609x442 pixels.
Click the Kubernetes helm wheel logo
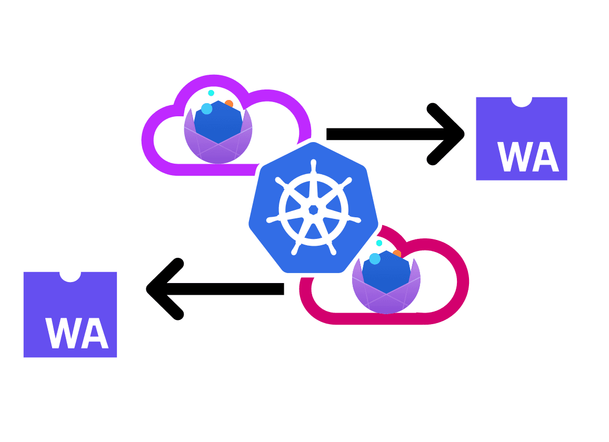tap(313, 208)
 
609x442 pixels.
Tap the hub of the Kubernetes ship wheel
tap(313, 210)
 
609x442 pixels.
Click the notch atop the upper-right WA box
tap(522, 101)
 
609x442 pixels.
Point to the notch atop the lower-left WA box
tap(70, 276)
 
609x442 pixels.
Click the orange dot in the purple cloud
tap(229, 104)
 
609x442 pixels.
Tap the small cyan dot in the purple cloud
tap(211, 93)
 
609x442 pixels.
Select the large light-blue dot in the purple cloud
tap(207, 109)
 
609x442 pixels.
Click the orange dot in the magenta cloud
tap(397, 254)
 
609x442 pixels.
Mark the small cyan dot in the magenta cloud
tap(379, 243)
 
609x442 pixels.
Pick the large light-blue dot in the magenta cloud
tap(375, 259)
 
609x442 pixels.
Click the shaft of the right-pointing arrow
tap(379, 134)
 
